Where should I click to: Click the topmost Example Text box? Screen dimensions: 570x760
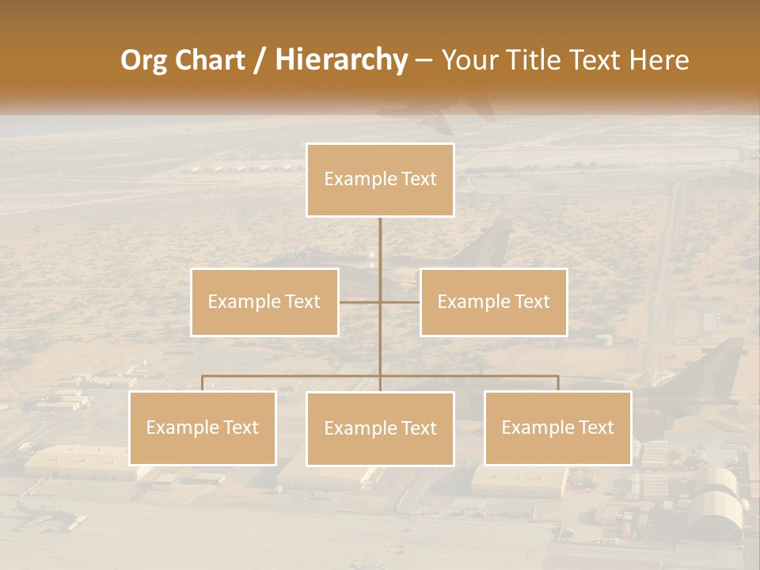coord(380,180)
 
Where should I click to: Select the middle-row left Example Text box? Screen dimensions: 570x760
coord(264,302)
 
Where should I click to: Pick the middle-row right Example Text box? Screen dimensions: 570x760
coord(493,302)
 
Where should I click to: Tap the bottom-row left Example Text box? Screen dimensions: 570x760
coord(203,427)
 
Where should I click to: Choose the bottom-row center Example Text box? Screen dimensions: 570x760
coord(380,428)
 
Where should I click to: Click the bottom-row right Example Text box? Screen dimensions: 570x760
coord(557,427)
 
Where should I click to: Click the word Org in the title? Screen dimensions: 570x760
coord(143,61)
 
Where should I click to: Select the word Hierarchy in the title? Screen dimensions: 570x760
coord(341,61)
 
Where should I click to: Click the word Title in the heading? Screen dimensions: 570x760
coord(540,61)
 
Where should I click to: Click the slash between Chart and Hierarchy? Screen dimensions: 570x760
coord(259,61)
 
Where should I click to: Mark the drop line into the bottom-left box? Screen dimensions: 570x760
coord(203,383)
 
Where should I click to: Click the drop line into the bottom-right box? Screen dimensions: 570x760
coord(557,383)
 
